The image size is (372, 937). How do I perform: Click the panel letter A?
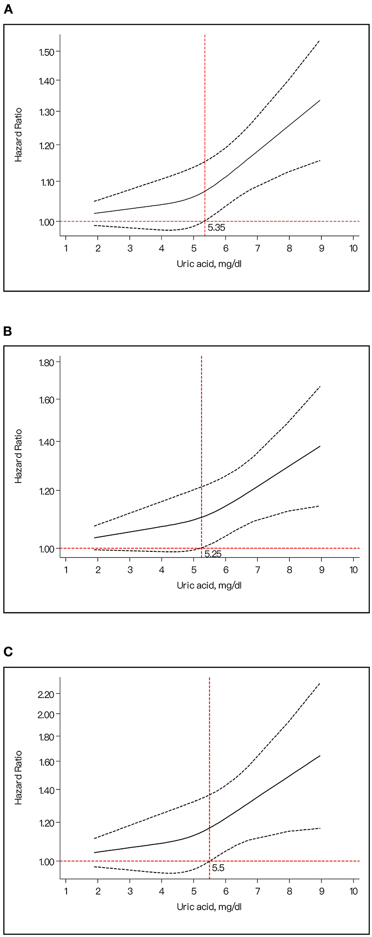tap(8, 10)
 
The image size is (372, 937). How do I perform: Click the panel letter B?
tap(8, 332)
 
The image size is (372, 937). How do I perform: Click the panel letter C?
tap(8, 652)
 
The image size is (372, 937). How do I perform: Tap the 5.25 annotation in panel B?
tap(213, 554)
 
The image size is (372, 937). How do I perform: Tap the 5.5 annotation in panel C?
tap(218, 868)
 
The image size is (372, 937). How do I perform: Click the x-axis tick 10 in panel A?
tap(353, 248)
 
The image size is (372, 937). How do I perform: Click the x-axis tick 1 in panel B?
tap(66, 570)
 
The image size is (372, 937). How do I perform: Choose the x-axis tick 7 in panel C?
tap(257, 892)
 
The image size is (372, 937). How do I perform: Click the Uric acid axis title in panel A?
tap(209, 264)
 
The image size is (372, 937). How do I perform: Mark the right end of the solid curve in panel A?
tap(320, 100)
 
